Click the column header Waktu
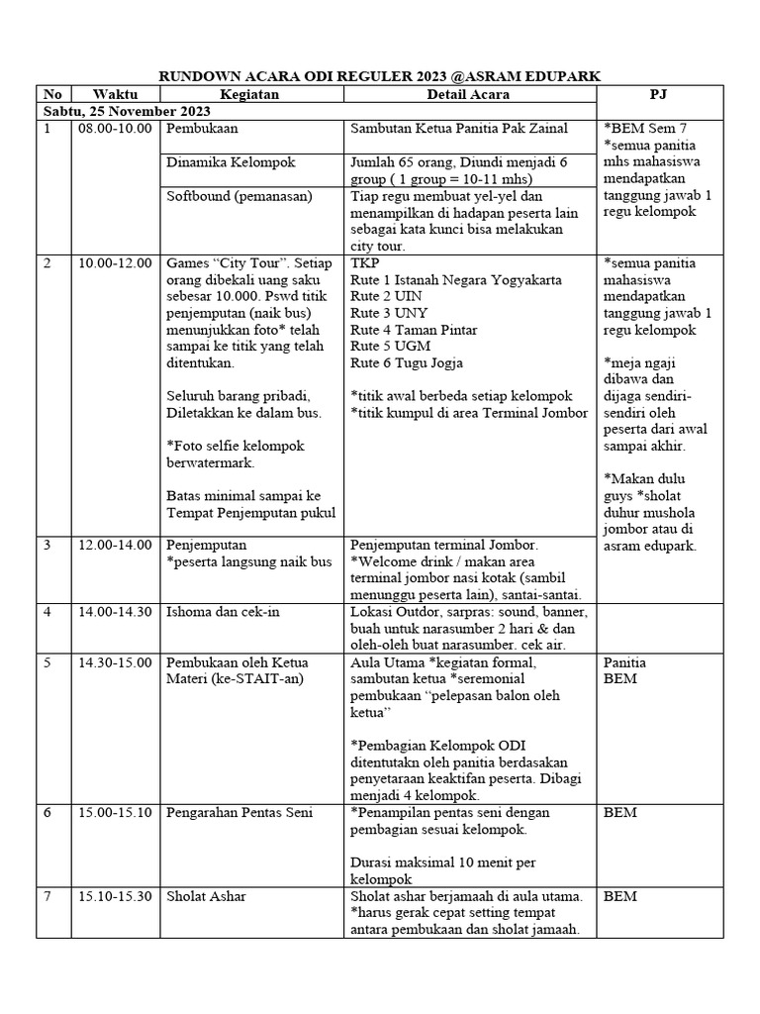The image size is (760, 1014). click(x=115, y=94)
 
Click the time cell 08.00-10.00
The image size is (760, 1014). click(x=115, y=129)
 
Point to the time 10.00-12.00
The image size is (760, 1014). click(x=115, y=263)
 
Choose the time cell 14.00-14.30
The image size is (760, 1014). click(x=115, y=612)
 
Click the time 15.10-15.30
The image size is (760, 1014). click(x=115, y=896)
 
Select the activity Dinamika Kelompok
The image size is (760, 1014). click(x=231, y=162)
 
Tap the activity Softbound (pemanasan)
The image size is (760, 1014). click(x=238, y=196)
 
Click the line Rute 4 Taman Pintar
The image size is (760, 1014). click(x=416, y=330)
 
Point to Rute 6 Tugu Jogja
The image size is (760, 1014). click(x=407, y=363)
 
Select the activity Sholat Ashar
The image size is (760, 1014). click(x=207, y=896)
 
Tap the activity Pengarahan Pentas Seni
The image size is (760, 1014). click(x=239, y=812)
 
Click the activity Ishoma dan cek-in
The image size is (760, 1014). click(x=224, y=612)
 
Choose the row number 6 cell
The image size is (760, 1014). click(x=47, y=812)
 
